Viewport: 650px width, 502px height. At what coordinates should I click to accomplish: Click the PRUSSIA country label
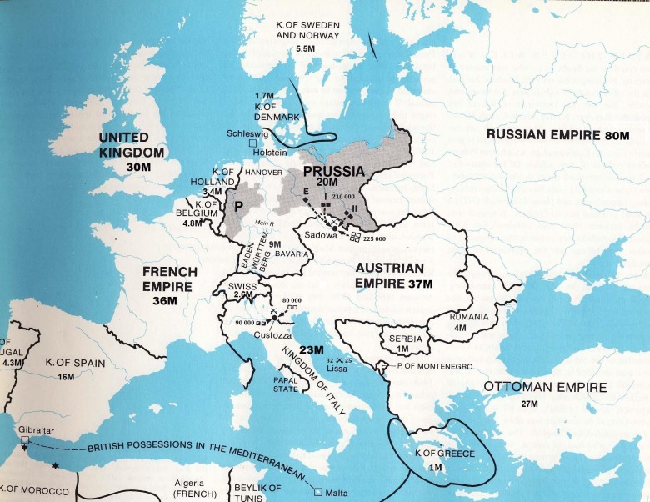pos(332,172)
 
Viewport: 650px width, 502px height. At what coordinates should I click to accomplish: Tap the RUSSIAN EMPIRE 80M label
pos(558,135)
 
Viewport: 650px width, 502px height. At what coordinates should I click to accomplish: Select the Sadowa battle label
pos(309,236)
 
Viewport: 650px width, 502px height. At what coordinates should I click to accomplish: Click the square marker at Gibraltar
pos(25,439)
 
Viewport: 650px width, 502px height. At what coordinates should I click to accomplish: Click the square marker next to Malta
pos(318,490)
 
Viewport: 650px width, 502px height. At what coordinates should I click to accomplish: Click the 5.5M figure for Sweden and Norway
pos(307,49)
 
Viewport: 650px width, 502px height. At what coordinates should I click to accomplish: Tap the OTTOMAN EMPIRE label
pos(545,387)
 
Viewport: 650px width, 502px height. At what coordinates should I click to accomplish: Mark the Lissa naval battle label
pos(336,367)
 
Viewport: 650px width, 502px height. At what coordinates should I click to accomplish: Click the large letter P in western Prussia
pos(238,208)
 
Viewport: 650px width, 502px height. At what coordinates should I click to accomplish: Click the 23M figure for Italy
pos(312,350)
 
